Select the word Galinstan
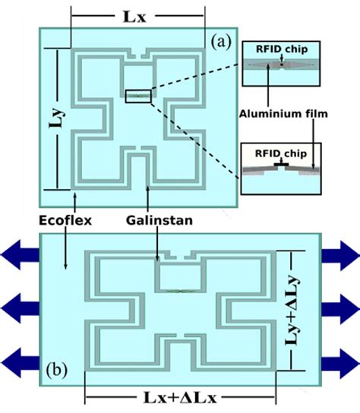click(x=157, y=221)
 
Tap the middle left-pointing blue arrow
click(x=19, y=307)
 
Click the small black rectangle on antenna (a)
click(x=139, y=95)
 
